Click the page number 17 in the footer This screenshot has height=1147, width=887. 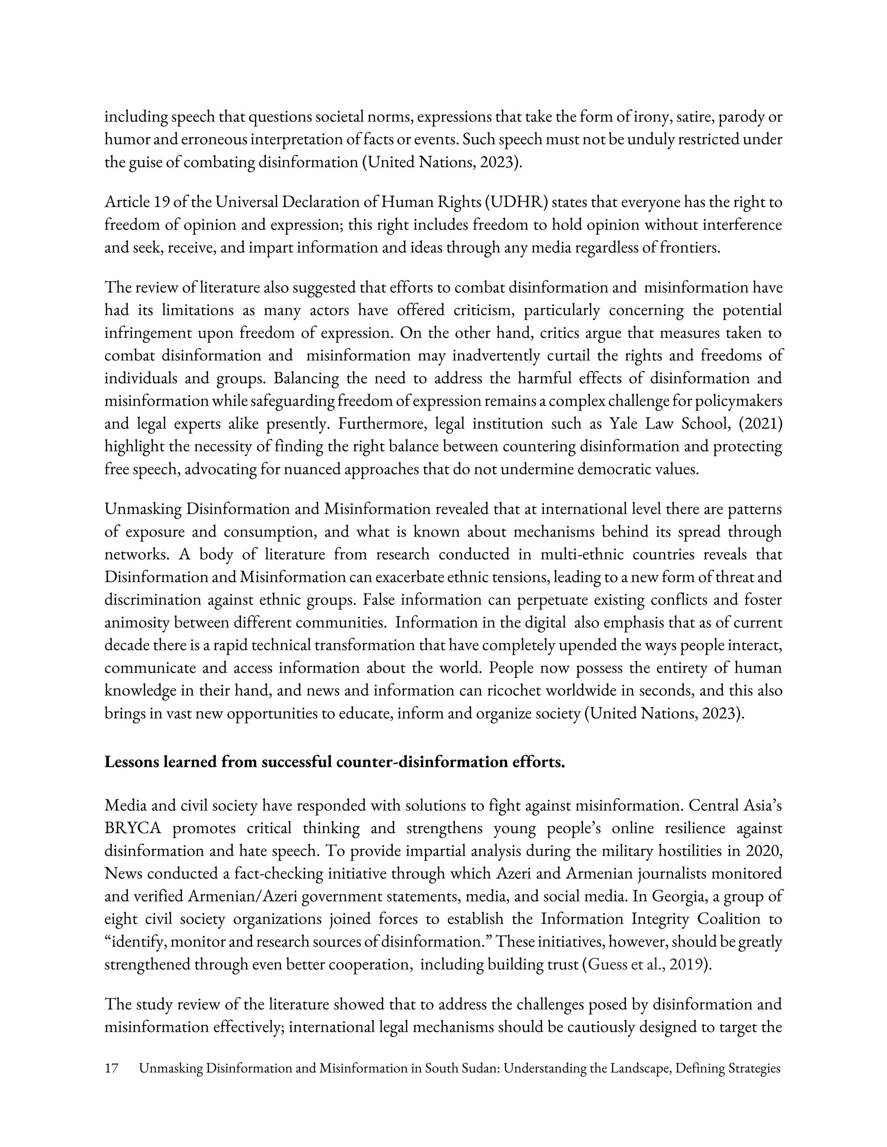pyautogui.click(x=111, y=1068)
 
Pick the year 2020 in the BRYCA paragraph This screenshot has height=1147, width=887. pyautogui.click(x=765, y=851)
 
